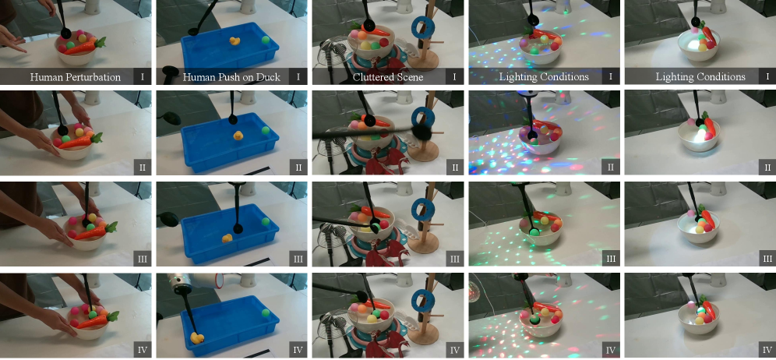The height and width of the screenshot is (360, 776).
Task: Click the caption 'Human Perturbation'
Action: click(x=76, y=77)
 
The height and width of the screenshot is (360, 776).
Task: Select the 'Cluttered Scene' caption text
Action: click(x=389, y=77)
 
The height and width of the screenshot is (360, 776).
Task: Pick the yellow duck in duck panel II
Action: click(x=238, y=136)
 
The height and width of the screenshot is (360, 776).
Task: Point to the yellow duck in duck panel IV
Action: click(x=197, y=338)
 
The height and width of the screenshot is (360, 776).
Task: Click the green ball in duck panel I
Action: click(x=266, y=40)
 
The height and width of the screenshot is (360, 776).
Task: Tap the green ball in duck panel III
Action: click(x=265, y=221)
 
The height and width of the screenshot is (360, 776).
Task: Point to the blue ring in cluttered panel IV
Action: click(x=423, y=300)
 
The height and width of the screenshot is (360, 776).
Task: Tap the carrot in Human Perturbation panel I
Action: click(x=85, y=47)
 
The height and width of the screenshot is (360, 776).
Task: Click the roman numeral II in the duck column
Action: click(x=298, y=167)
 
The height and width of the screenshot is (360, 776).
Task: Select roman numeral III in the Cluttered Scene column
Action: click(x=455, y=259)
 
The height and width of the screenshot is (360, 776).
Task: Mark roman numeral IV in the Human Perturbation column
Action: click(x=142, y=350)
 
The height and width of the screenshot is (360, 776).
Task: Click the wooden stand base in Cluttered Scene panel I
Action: click(x=422, y=61)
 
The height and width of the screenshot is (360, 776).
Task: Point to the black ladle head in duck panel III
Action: click(x=238, y=228)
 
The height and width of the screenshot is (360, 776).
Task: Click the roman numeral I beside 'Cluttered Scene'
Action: click(x=455, y=77)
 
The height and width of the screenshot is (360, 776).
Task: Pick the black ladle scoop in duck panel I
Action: click(x=193, y=31)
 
